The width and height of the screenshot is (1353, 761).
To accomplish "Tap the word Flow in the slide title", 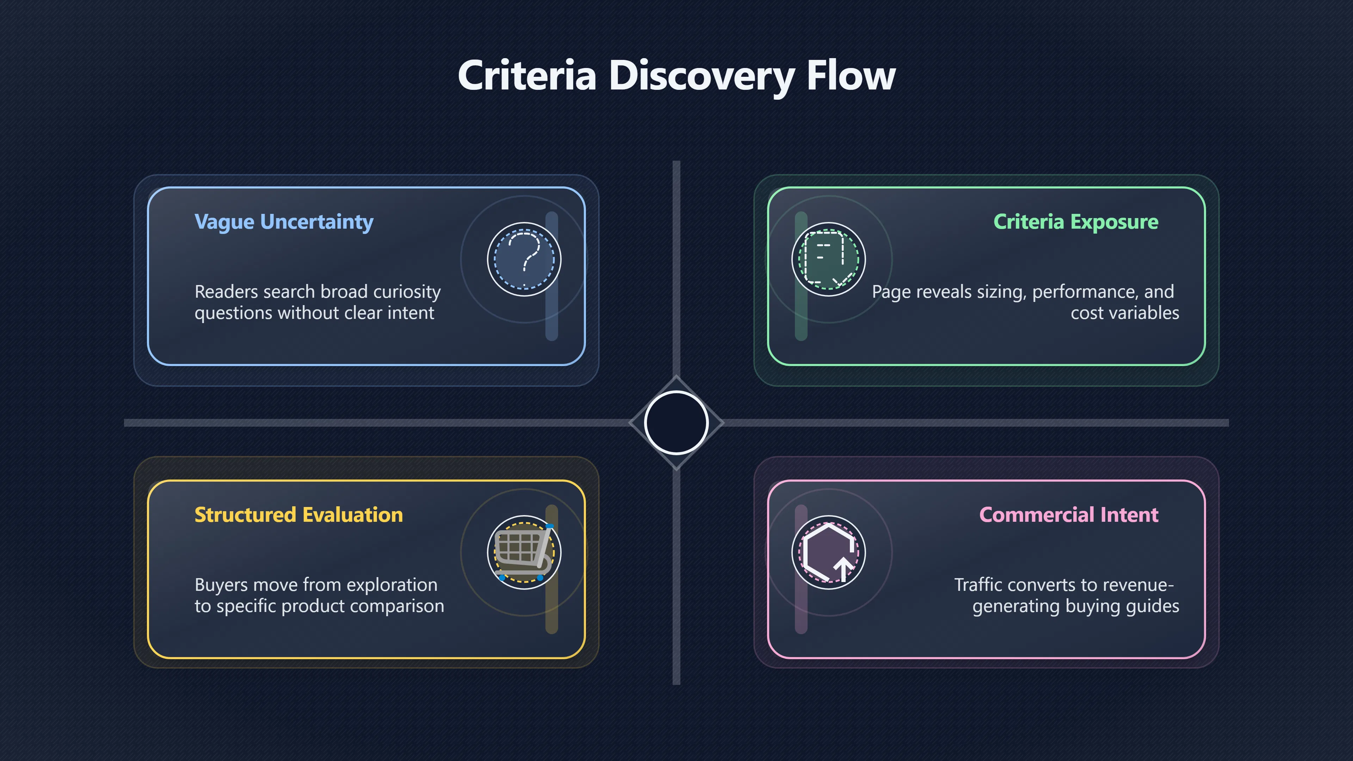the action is [x=851, y=75].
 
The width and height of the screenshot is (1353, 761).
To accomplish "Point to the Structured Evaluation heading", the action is [x=298, y=515].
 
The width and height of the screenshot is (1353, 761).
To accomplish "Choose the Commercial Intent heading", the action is [x=1069, y=515].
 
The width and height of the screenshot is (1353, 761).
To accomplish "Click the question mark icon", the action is [x=524, y=259].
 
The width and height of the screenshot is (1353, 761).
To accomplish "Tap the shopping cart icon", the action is [x=524, y=552].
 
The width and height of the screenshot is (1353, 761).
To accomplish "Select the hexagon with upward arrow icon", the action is [x=829, y=552].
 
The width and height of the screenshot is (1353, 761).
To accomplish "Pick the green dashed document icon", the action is [x=829, y=259].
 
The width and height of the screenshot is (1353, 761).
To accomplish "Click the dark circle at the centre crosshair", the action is [x=676, y=423].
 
